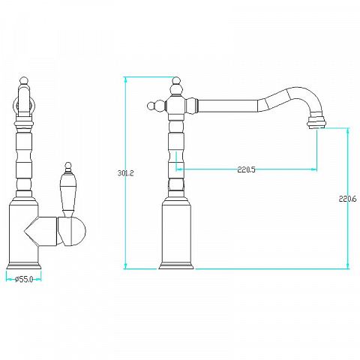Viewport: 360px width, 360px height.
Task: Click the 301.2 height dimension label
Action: (126, 173)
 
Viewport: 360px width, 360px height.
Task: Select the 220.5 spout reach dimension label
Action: (247, 169)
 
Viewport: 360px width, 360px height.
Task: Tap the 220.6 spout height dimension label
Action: (347, 199)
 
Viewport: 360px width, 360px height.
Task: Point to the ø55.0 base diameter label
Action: (24, 279)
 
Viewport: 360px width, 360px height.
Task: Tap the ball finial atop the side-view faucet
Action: (176, 81)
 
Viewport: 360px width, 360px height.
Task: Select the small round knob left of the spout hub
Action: (151, 106)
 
